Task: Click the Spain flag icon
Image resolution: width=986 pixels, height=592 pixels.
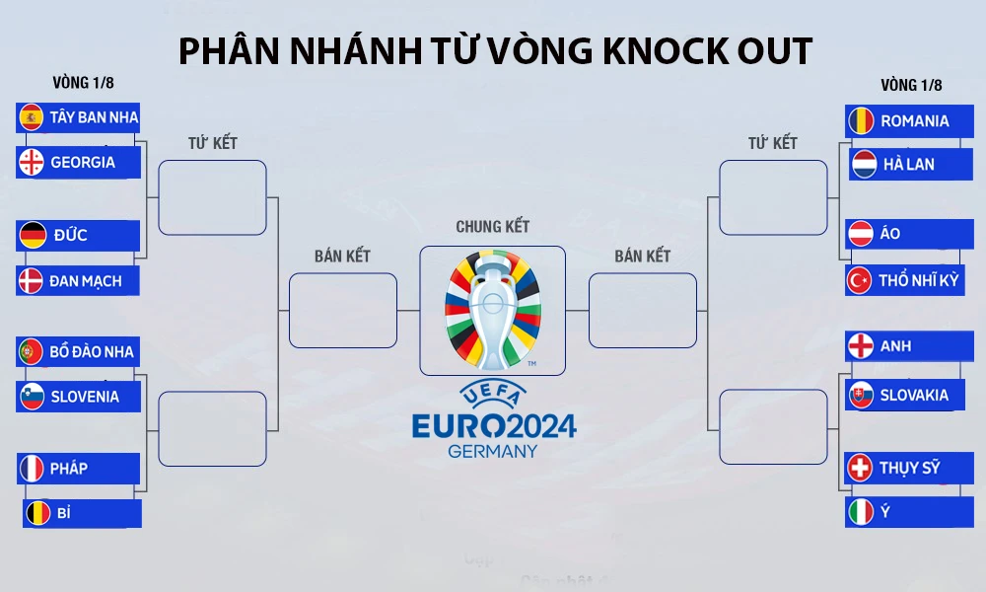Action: click(x=32, y=117)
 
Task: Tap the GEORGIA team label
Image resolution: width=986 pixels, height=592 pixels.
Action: click(x=83, y=162)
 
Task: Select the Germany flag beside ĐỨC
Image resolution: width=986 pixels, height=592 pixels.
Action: click(x=32, y=235)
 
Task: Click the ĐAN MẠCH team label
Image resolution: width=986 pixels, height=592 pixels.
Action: click(x=86, y=280)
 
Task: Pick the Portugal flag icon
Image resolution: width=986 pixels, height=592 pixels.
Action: click(x=32, y=351)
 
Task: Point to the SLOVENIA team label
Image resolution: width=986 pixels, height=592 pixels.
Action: click(x=85, y=397)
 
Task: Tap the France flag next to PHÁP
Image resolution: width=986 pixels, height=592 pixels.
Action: click(x=32, y=468)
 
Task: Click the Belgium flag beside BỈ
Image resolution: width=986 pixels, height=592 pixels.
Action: click(x=38, y=513)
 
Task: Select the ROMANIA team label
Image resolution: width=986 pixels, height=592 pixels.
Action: click(x=914, y=120)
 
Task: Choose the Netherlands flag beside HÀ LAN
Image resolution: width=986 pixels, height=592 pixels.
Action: click(x=864, y=164)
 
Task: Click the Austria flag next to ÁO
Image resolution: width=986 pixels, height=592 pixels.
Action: click(x=861, y=234)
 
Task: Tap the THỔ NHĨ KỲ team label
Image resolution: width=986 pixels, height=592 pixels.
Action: click(x=919, y=280)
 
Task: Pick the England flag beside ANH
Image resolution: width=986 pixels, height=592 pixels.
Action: click(x=861, y=346)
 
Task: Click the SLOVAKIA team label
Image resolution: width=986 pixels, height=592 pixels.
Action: click(x=914, y=395)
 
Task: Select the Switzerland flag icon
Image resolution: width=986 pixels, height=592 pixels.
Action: click(x=861, y=467)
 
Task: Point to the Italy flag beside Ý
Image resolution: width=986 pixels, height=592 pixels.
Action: click(x=861, y=512)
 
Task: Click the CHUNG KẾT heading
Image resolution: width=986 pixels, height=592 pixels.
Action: click(x=492, y=226)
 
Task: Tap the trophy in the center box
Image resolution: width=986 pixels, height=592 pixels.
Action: click(x=492, y=310)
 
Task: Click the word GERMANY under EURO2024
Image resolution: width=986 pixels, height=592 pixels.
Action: click(x=493, y=451)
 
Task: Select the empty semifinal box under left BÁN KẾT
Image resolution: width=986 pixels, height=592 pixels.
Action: click(x=342, y=310)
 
